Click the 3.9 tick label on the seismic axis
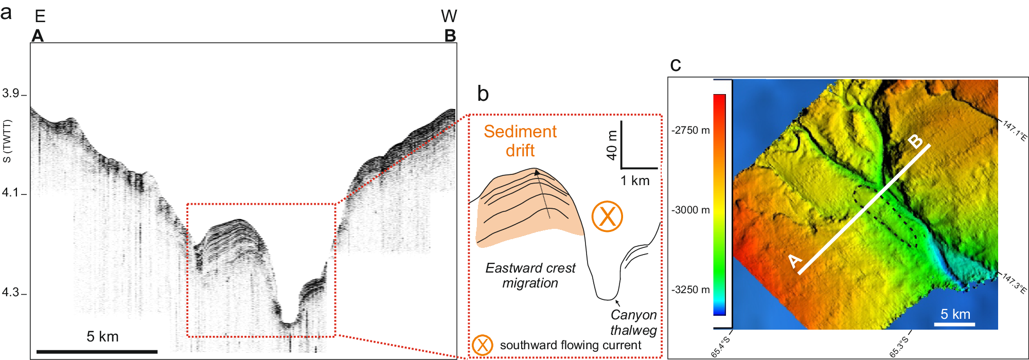tap(10, 94)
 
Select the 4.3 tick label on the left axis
tap(10, 293)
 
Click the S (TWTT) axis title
tap(7, 141)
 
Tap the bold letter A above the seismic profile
tap(38, 36)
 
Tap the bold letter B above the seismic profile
tap(450, 36)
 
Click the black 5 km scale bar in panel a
tap(97, 352)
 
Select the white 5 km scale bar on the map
tap(954, 325)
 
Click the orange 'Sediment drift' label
tap(520, 141)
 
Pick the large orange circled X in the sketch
tap(607, 216)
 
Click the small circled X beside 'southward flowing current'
tap(483, 345)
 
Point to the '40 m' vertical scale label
tap(611, 145)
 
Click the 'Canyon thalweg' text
tap(633, 322)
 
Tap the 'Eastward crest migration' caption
tap(530, 276)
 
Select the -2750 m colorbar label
tap(690, 131)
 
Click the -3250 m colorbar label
tap(690, 290)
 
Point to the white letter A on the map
tap(795, 261)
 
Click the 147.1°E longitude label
tap(1015, 130)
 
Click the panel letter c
tap(676, 65)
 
